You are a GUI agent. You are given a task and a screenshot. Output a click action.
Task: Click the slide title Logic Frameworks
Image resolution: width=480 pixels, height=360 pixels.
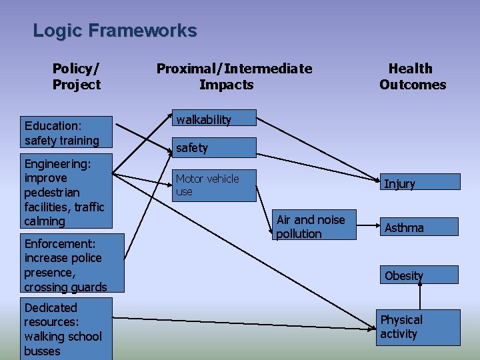pos(115,31)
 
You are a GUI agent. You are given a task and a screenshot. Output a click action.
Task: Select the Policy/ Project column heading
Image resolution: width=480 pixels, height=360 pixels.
pos(76,76)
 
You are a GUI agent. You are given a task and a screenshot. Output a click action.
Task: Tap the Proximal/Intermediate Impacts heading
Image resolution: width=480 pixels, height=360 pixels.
pos(233,76)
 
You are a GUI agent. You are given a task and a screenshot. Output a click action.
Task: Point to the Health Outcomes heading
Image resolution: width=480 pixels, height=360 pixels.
pos(412,76)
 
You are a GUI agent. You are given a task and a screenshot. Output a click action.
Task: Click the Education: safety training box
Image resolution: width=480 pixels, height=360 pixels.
pos(67,133)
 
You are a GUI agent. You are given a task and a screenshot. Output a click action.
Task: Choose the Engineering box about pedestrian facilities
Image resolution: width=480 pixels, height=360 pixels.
pos(67,192)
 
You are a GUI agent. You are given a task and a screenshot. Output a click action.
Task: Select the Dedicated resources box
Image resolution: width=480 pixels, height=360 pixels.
pos(65,329)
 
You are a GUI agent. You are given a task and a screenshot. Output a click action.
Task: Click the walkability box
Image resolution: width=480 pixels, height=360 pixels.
pos(214,119)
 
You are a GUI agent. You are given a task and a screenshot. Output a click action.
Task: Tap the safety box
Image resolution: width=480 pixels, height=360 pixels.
pos(214,147)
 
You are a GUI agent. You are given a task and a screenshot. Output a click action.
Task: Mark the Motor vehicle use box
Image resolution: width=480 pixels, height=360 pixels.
pos(214,185)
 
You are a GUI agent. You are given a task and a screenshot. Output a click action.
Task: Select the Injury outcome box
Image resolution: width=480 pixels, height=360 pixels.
pos(419,183)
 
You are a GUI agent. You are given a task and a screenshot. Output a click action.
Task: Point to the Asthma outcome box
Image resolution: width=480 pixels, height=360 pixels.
pos(419,227)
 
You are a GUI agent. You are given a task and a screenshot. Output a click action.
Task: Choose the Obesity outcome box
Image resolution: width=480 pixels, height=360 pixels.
pos(419,275)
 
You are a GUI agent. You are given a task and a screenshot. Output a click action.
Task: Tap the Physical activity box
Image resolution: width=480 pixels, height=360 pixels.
pos(419,327)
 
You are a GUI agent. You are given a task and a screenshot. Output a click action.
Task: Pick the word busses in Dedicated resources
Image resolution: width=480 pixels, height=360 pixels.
pos(43,351)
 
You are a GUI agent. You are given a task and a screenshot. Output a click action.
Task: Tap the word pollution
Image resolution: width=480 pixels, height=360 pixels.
pos(299,234)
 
